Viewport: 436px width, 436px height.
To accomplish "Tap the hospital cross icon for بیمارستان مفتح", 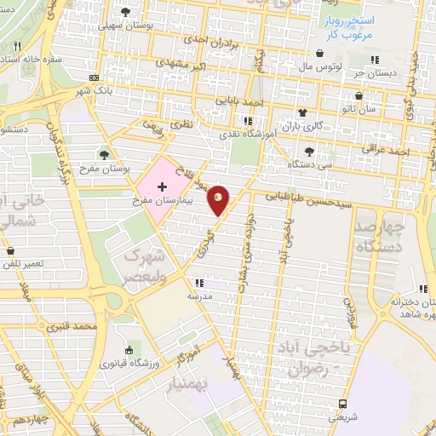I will [161, 185].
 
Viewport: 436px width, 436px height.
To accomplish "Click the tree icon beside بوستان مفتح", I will [104, 154].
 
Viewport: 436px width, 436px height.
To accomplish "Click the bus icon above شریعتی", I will [342, 404].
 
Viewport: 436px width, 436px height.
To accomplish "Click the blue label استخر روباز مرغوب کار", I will [351, 26].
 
